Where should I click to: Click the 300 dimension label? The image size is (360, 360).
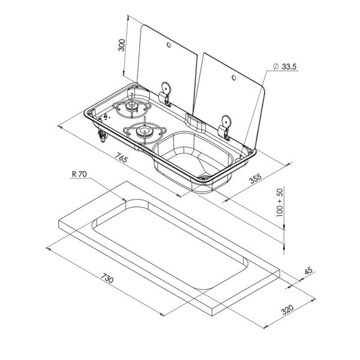coord(121,45)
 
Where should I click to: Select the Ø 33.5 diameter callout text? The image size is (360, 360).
coord(284,67)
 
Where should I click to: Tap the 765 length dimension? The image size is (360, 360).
coord(121,158)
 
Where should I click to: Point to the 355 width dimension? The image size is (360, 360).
coord(256,179)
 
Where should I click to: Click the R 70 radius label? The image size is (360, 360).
coord(79,174)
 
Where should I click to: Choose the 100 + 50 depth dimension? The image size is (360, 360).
coord(280,203)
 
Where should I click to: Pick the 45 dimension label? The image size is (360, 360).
coord(308,271)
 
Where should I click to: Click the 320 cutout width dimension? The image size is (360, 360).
coord(287,310)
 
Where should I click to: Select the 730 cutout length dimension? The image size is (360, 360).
coord(107,278)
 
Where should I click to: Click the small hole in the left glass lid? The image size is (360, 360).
coord(169,45)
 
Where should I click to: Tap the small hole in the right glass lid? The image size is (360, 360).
coord(234,77)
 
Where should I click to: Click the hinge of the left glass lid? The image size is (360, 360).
coord(166,94)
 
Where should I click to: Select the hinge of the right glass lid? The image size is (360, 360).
coord(225,127)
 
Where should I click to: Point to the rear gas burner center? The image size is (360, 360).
coord(132,106)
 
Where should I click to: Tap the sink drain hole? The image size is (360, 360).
coord(204,177)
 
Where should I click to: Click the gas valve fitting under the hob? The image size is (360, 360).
coord(102,136)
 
